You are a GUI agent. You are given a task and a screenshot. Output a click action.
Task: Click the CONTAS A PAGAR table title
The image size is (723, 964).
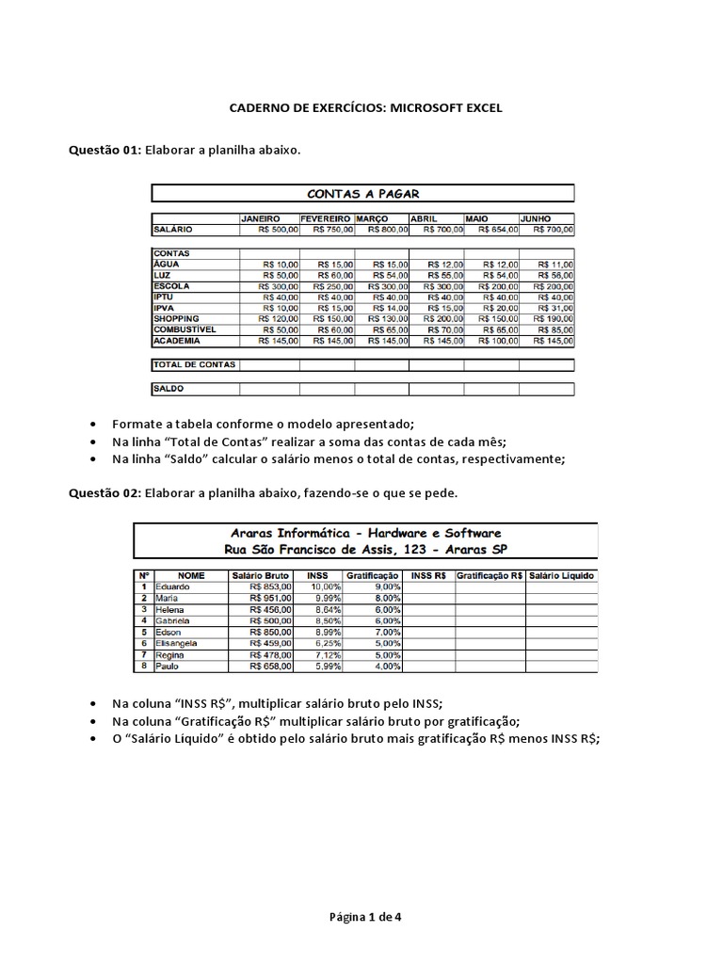click(362, 194)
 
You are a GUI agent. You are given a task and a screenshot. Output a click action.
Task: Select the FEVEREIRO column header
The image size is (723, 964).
click(326, 217)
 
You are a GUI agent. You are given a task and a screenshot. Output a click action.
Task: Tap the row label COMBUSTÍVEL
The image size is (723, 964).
click(185, 330)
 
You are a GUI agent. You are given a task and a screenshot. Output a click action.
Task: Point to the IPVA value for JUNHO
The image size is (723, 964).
click(546, 308)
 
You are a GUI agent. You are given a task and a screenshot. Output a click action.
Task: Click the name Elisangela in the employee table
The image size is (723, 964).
click(177, 643)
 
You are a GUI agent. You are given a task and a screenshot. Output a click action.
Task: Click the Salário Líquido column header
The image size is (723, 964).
click(562, 574)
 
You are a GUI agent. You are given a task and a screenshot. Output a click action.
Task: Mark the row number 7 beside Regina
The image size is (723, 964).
click(144, 654)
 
